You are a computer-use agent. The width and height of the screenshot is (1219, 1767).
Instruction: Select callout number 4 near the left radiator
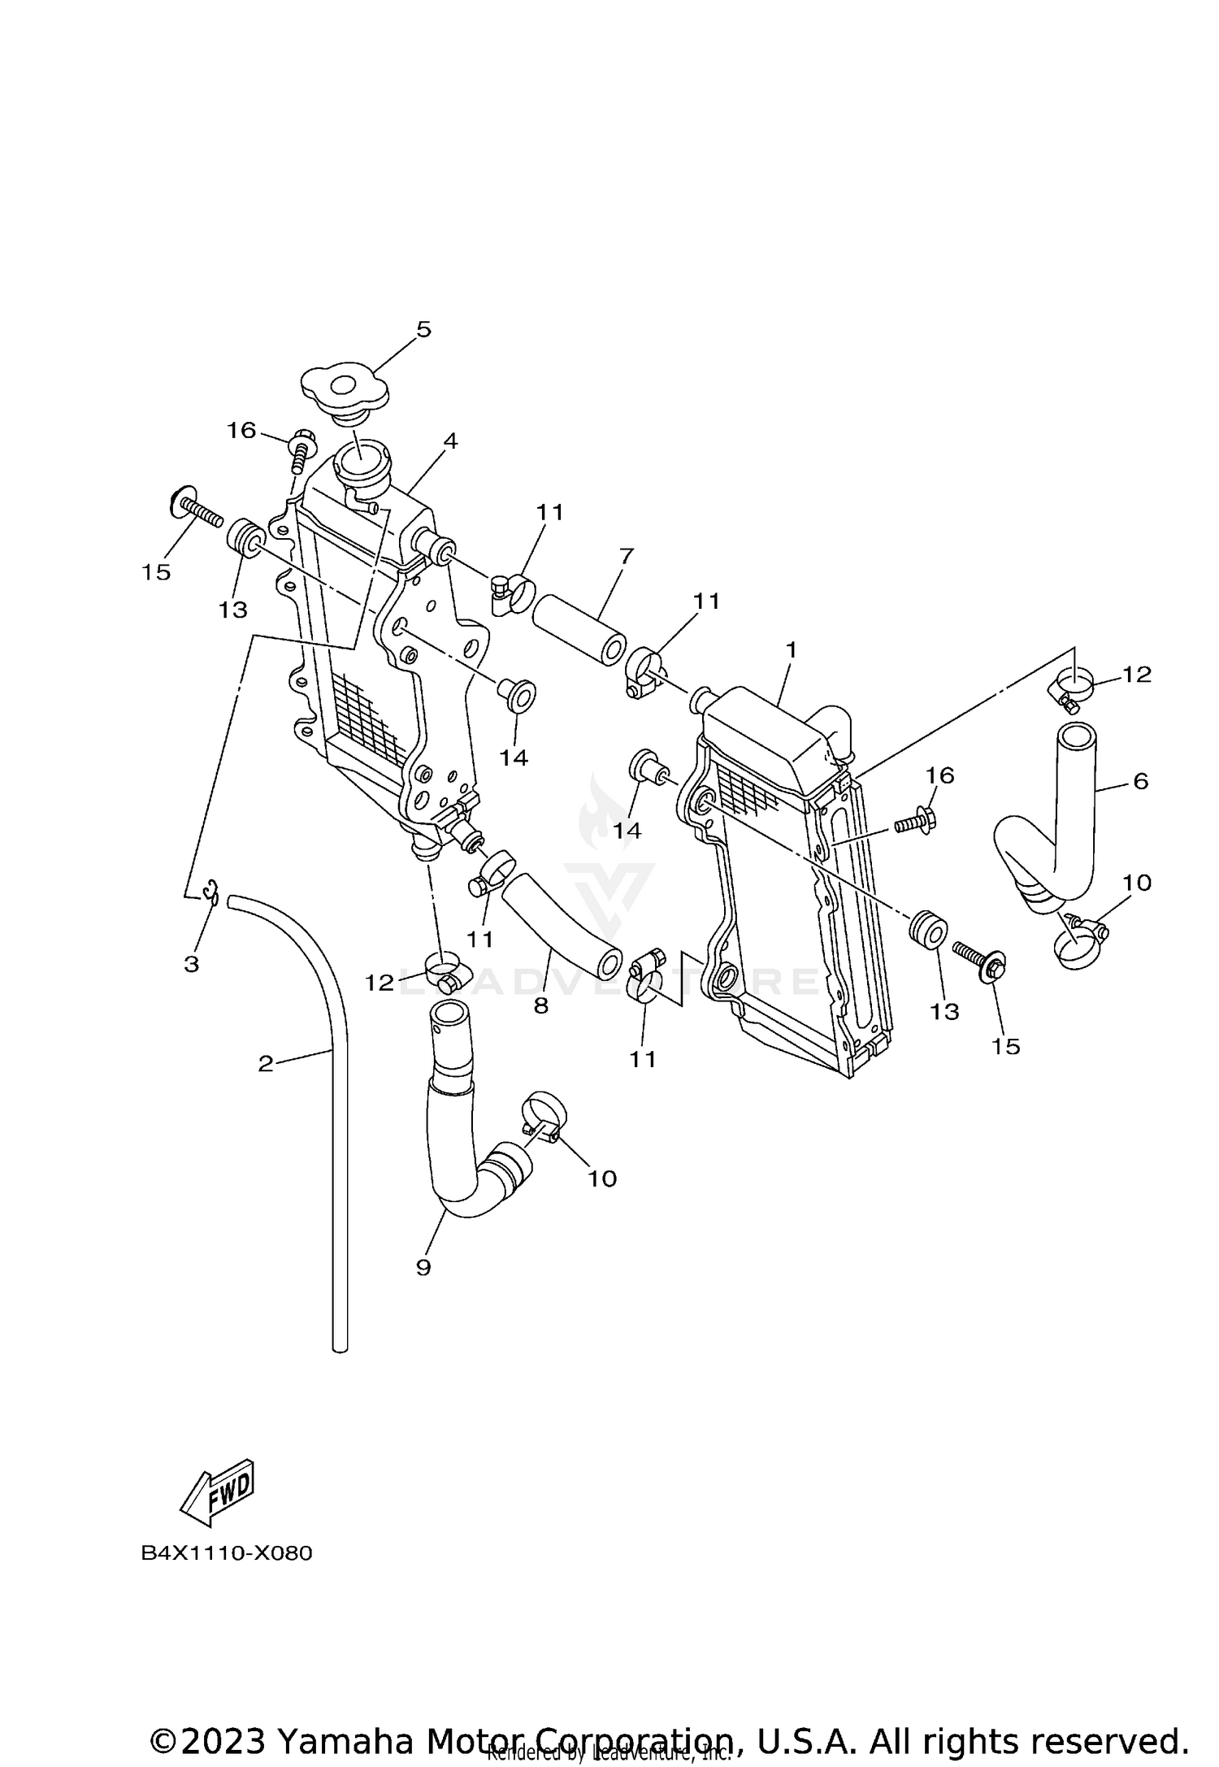point(450,441)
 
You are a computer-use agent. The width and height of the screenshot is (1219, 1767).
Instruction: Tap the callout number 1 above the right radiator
point(791,649)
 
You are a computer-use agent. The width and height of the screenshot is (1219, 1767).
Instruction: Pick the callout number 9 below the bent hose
point(423,1267)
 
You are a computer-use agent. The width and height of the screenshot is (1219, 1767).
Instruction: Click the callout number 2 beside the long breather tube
point(266,1064)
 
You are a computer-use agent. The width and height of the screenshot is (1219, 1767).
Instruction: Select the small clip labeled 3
point(213,892)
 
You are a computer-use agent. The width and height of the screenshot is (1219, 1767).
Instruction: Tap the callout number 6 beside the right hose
point(1140,781)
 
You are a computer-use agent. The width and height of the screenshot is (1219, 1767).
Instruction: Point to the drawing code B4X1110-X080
point(227,1553)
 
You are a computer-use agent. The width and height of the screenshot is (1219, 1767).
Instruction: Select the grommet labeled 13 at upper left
point(246,537)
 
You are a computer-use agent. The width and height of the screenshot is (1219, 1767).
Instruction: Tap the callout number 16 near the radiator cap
point(241,430)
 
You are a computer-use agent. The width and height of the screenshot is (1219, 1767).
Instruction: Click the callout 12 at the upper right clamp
point(1137,674)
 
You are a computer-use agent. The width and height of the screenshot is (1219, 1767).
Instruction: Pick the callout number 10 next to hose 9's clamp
point(602,1178)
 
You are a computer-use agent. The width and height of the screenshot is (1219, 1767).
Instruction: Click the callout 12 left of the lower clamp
point(379,983)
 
